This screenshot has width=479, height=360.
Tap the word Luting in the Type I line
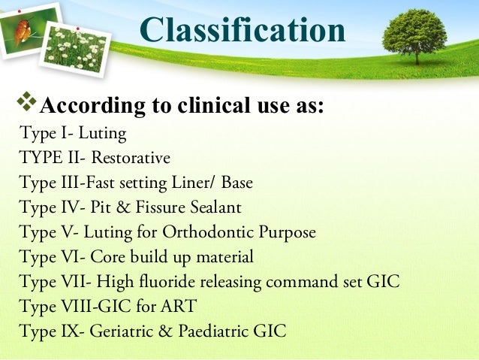tap(102, 135)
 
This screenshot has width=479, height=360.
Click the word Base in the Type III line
tap(235, 183)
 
